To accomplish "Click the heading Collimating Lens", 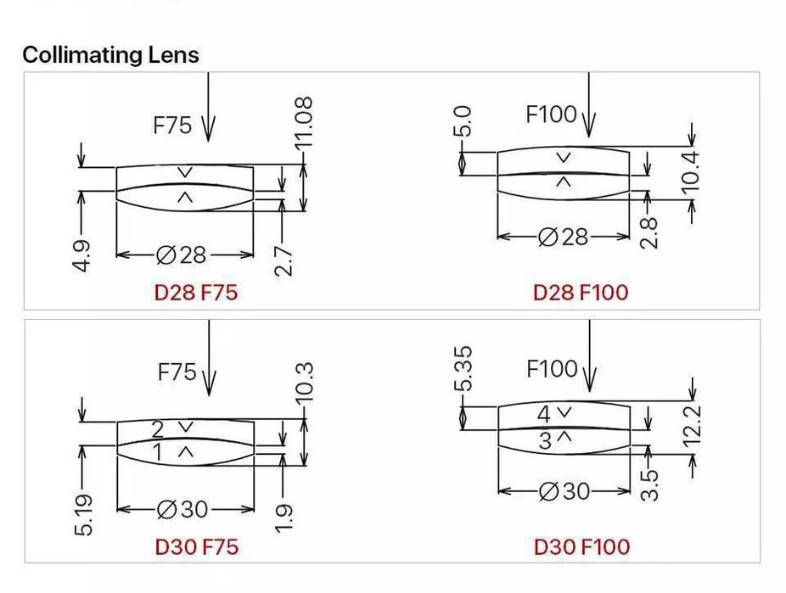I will tap(110, 55).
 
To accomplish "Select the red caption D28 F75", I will tap(196, 293).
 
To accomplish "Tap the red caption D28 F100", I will tap(581, 293).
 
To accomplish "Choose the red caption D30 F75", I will tap(196, 546).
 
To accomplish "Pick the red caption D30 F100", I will tap(581, 546).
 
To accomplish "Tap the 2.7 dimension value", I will tap(285, 260).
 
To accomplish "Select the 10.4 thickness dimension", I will tap(693, 170).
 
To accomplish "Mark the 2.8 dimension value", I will tap(648, 232).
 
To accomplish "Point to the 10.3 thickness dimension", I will tap(306, 383).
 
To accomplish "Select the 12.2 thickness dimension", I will tap(693, 424).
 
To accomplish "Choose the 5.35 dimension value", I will tap(463, 369).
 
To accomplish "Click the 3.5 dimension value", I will tap(648, 486).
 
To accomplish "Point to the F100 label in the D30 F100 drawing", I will tap(552, 370).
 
